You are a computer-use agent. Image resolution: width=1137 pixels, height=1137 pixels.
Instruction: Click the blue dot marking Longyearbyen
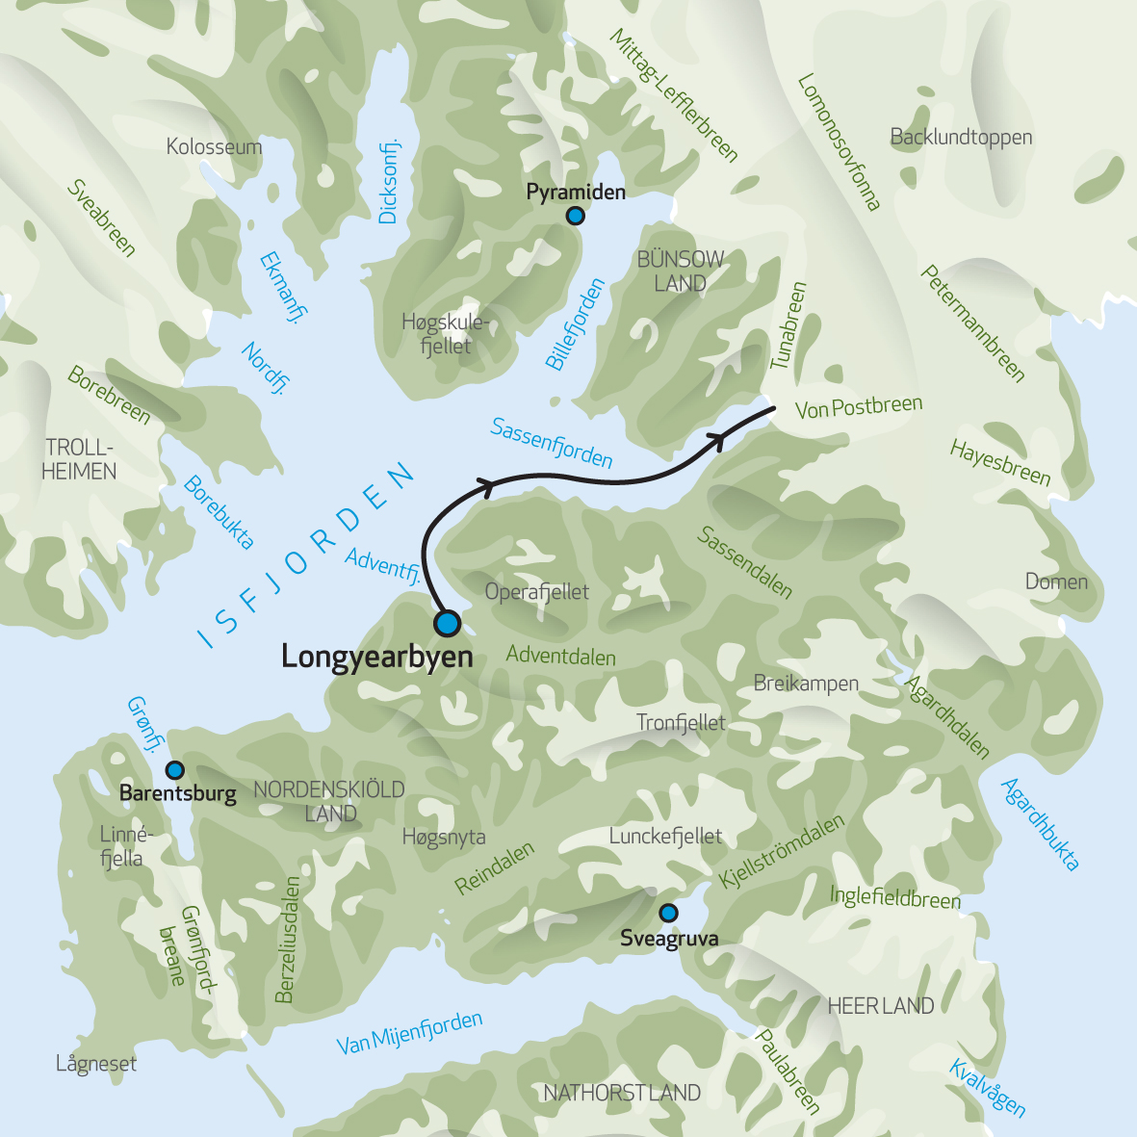coord(447,623)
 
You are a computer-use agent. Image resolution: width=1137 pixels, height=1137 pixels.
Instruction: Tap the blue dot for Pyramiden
coord(575,216)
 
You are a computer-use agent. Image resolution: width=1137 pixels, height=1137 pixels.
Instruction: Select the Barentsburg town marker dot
coord(175,770)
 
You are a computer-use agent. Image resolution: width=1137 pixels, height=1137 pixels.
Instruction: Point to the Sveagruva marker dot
coord(668,913)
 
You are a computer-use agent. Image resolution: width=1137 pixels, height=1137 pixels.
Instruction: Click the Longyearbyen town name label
coord(376,657)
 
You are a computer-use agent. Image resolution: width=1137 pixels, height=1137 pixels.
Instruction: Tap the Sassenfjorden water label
coord(551,443)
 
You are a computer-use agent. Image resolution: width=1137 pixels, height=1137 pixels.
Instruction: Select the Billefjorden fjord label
coord(575,324)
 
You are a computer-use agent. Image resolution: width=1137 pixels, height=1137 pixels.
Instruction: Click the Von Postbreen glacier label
coord(859,407)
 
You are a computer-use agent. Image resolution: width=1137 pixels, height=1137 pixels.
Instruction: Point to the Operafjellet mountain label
coord(536,592)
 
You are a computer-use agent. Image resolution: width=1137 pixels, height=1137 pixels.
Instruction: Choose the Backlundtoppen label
coord(961,137)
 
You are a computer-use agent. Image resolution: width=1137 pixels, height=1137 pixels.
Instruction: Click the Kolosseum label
coord(214,146)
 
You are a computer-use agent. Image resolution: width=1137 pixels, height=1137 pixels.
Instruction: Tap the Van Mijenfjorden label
coord(409,1033)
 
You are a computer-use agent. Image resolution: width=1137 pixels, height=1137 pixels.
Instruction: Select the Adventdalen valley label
coord(560,657)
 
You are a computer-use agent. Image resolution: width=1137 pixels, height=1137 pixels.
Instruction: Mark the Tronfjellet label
coord(681,723)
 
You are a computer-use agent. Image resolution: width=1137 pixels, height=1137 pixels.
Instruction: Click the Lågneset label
coord(96,1064)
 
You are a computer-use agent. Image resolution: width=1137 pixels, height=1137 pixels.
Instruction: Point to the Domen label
coord(1056,581)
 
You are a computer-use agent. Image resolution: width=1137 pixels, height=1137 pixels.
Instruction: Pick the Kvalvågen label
coord(988,1088)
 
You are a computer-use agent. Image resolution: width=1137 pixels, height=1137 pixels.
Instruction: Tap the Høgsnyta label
coord(444,838)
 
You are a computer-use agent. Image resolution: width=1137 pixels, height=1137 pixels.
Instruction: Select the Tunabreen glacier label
coord(788,325)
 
